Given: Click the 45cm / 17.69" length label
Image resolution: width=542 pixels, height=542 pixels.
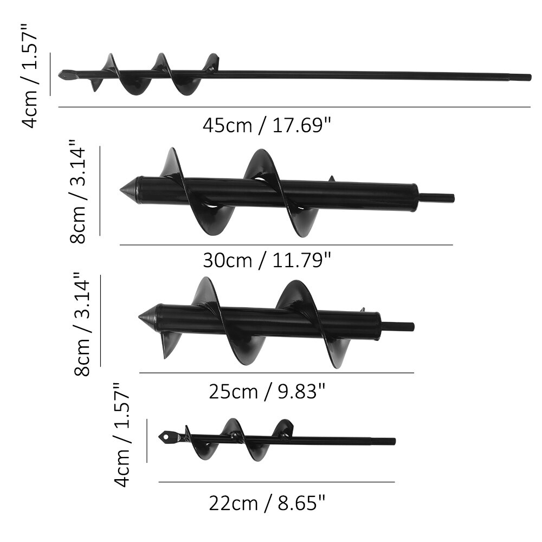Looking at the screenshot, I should point(267,126).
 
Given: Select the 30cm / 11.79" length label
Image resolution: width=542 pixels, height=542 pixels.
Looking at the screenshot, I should point(267,261).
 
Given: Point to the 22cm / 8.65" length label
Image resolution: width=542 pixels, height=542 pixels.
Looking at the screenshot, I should point(267,504).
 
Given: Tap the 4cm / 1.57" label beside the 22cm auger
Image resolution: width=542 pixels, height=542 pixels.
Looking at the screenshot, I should point(122,434).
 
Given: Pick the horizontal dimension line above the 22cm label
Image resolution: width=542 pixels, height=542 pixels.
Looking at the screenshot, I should point(276,482).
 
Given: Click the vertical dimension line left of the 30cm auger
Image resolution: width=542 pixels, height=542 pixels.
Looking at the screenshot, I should point(100,191).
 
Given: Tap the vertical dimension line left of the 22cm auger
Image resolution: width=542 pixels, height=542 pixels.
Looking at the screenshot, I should point(147,440).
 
